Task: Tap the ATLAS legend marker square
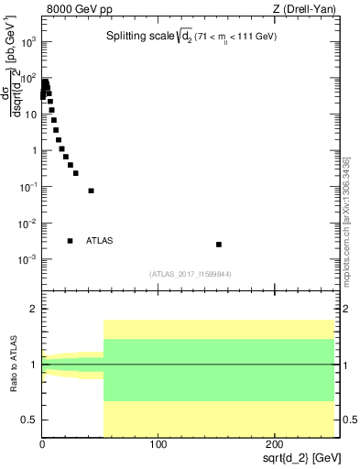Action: coord(71,241)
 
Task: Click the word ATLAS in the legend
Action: coord(100,241)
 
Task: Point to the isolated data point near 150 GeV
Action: coord(219,245)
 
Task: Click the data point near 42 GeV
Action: coord(91,191)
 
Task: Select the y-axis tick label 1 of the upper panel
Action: coord(33,150)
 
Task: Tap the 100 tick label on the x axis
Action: coord(158,444)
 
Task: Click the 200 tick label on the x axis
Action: coord(275,444)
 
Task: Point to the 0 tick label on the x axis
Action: coord(42,444)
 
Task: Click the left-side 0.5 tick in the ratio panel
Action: coord(30,420)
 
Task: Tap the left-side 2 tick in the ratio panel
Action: coord(34,310)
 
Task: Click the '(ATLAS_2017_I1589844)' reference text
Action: coord(191,273)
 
